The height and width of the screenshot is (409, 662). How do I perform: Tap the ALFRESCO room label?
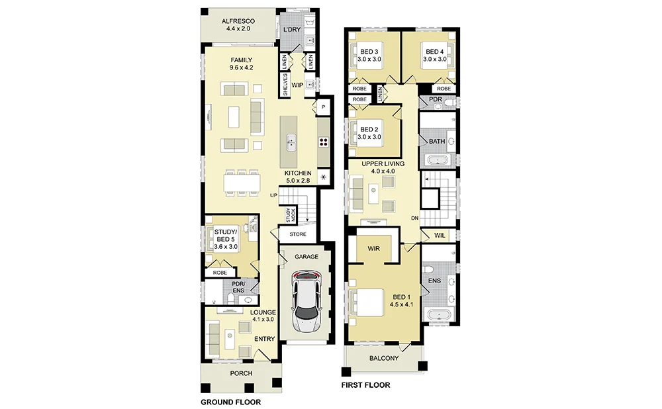pos(238,21)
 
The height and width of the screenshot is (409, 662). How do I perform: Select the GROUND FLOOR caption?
pos(230,402)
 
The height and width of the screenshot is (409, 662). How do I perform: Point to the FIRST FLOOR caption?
pos(365,385)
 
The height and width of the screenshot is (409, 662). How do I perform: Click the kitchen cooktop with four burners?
pos(324,142)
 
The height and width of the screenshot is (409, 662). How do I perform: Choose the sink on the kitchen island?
pos(291,142)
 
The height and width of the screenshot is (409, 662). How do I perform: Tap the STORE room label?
pos(298,234)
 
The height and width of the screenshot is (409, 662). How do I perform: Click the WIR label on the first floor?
pos(373,249)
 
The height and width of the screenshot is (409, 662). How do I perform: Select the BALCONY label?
pos(384,358)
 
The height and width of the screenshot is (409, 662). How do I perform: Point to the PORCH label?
pos(241,373)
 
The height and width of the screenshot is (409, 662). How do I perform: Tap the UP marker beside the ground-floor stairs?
pos(274,195)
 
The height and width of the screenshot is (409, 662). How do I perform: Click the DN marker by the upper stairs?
pos(414,218)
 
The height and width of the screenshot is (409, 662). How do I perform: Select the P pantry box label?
pos(324,107)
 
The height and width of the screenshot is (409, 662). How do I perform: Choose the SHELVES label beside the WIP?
pos(285,85)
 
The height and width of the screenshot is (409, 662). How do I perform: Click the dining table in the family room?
pos(241,183)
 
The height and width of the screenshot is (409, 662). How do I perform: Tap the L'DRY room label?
pos(292,30)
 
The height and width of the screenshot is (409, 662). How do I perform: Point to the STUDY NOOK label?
pos(291,215)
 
